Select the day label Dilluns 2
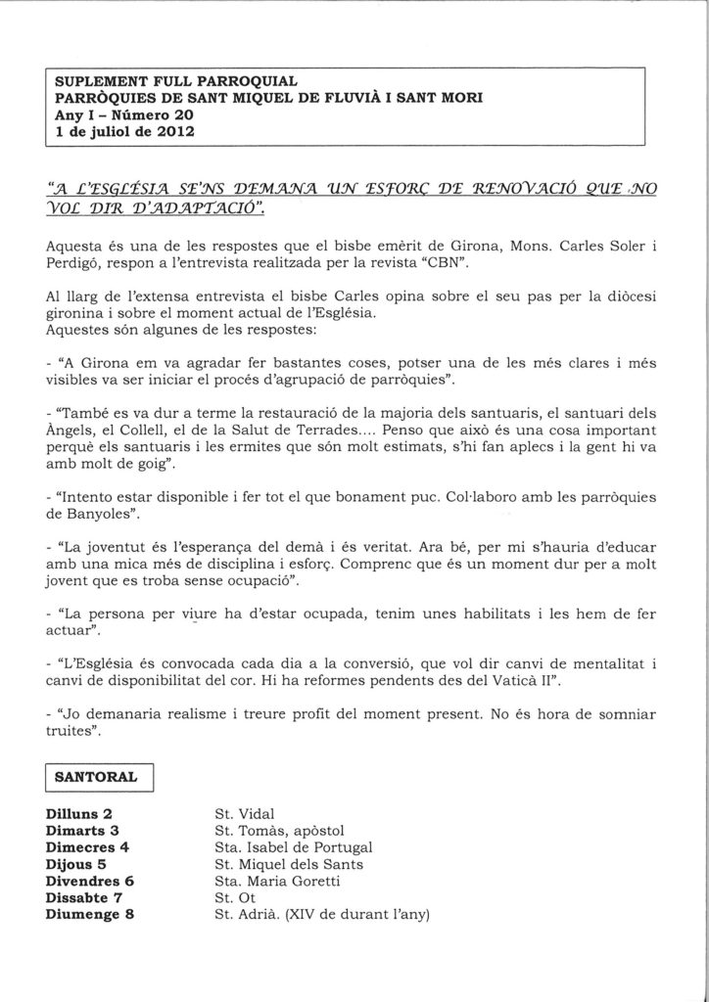79,813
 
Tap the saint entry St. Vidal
244,813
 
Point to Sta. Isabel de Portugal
293,847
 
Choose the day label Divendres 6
89,881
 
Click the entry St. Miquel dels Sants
288,864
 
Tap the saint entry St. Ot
233,898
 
